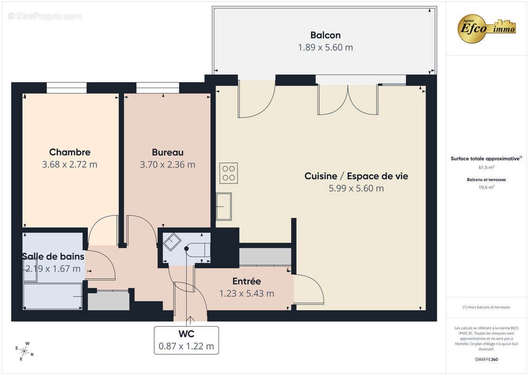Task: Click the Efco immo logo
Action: (487, 28)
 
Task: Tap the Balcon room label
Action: (325, 35)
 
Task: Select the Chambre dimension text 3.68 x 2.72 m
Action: (70, 165)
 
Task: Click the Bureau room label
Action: (167, 152)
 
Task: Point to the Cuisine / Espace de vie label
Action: (356, 176)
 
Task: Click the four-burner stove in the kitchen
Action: (229, 173)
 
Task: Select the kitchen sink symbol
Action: (224, 206)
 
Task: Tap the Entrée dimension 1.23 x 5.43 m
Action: (246, 294)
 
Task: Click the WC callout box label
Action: (186, 334)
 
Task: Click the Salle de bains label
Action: (53, 256)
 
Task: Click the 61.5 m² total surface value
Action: (486, 167)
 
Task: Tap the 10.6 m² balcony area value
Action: (486, 187)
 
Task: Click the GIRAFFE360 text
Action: (486, 359)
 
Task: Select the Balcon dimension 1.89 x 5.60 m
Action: (325, 47)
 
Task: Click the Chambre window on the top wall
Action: (66, 88)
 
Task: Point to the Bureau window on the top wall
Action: (158, 88)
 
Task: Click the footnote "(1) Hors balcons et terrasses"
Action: (486, 307)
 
